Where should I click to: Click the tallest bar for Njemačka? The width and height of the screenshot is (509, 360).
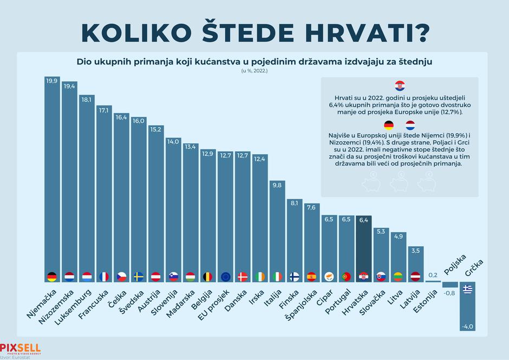click(x=52, y=179)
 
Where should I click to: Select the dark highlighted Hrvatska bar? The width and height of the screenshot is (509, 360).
click(x=364, y=249)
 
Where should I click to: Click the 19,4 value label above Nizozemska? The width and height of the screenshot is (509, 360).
click(x=69, y=86)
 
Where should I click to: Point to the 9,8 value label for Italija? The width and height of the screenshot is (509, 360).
click(x=277, y=185)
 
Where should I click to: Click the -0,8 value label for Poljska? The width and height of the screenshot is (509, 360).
click(x=450, y=293)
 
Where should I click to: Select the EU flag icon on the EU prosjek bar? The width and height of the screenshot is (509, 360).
click(x=225, y=276)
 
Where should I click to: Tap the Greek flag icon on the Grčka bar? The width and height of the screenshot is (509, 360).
click(x=467, y=289)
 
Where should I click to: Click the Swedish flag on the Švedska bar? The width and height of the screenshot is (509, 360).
click(x=139, y=276)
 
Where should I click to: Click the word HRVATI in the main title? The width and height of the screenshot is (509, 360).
click(x=362, y=32)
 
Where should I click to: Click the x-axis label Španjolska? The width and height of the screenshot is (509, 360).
click(x=301, y=306)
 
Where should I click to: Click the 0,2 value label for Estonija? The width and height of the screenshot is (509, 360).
click(x=433, y=275)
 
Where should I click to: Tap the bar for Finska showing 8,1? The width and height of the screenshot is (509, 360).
click(x=295, y=241)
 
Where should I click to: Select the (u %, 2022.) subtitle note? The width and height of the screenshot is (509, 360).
click(x=254, y=71)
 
